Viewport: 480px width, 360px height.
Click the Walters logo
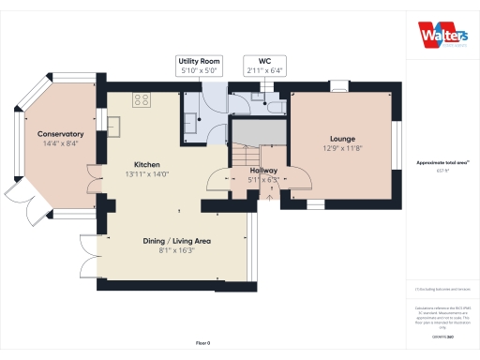click(x=441, y=35)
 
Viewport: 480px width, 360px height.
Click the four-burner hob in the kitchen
click(x=143, y=99)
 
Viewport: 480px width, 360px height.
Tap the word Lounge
click(x=341, y=138)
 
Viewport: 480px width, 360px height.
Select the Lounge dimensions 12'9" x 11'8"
click(x=341, y=147)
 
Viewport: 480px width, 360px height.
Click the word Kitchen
click(x=147, y=164)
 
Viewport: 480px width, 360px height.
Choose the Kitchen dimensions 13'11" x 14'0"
click(x=147, y=173)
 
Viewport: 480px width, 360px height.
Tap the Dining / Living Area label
click(x=176, y=241)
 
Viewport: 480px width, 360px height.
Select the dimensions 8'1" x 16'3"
click(x=176, y=251)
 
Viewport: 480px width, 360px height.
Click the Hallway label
click(x=264, y=171)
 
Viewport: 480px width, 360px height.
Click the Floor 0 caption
click(x=202, y=343)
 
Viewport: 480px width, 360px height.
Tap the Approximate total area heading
click(x=442, y=163)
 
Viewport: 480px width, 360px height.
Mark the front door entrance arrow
click(x=270, y=197)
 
